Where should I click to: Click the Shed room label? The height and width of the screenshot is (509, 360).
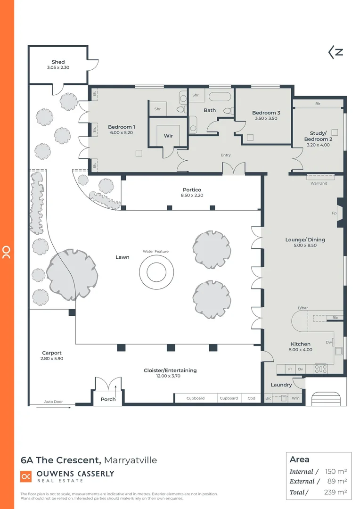coord(58,62)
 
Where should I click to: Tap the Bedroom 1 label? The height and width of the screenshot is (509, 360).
coord(122,127)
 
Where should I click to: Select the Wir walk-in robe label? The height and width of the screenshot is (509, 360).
coord(168,135)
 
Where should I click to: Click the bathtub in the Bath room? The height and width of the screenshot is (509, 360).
coord(220,98)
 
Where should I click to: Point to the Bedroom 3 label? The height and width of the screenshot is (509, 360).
coord(266,113)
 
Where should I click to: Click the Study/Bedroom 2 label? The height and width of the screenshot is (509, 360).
coord(318,136)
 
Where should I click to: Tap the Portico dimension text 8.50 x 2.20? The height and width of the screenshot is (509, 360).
coord(192,196)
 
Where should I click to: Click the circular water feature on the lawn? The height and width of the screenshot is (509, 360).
coord(155,272)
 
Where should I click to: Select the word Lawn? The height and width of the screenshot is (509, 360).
coord(123,257)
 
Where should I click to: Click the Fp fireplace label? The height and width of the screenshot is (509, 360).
coord(335,213)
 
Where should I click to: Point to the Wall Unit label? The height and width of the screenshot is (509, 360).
coord(319,183)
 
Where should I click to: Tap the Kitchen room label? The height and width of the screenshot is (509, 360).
coord(300,344)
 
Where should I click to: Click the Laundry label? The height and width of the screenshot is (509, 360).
coord(281,385)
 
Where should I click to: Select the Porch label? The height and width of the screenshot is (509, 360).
coord(108,399)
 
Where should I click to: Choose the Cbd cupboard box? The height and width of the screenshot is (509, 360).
coord(251,398)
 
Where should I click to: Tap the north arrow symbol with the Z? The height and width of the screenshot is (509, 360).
coord(335,52)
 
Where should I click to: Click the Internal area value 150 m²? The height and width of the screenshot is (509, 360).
coord(335,471)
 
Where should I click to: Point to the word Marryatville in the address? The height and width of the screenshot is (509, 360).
coord(130,460)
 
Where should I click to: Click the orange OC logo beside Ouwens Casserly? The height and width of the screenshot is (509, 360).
coord(25,476)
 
